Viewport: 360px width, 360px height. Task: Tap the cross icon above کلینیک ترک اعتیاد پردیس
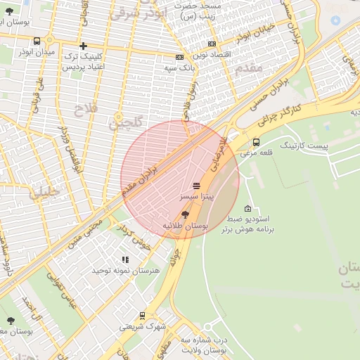tap(83, 46)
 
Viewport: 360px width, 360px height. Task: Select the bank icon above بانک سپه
tap(179, 58)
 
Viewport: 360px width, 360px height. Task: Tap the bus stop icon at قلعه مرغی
tap(255, 142)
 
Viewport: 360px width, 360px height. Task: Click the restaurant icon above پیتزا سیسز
tap(195, 186)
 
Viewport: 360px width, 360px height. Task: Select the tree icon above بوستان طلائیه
tap(184, 214)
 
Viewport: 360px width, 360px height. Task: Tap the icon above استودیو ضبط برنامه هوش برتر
tap(247, 208)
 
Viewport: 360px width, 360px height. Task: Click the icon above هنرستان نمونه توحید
tap(125, 259)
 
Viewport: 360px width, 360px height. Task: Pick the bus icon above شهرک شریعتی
tap(142, 316)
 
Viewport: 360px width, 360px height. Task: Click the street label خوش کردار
tap(134, 236)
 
